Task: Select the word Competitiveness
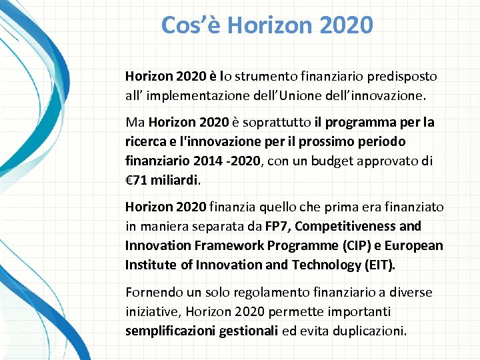(x=345, y=227)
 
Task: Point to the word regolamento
(x=260, y=293)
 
